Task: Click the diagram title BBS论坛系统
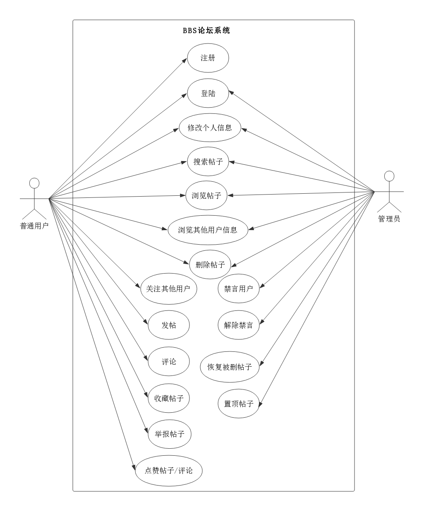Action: tap(206, 30)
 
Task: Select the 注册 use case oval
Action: tap(208, 58)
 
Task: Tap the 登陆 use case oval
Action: tap(208, 94)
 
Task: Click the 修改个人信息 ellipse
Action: tap(210, 127)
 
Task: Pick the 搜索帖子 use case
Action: tap(208, 161)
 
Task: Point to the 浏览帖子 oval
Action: tap(206, 195)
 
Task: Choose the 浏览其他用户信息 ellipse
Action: tap(208, 230)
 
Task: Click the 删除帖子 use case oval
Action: tap(210, 265)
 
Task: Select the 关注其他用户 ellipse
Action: tap(168, 289)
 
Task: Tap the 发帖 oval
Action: tap(168, 325)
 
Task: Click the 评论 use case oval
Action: tap(168, 362)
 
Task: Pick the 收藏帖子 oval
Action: tap(168, 398)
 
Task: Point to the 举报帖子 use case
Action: tap(169, 434)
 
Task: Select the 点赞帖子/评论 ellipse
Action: tap(168, 471)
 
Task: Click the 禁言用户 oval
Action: tap(238, 289)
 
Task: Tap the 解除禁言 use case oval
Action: tap(238, 325)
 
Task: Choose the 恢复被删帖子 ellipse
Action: tap(230, 367)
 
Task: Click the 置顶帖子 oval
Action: tap(238, 404)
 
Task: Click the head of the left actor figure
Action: tap(34, 183)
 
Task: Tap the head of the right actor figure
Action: tap(389, 176)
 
